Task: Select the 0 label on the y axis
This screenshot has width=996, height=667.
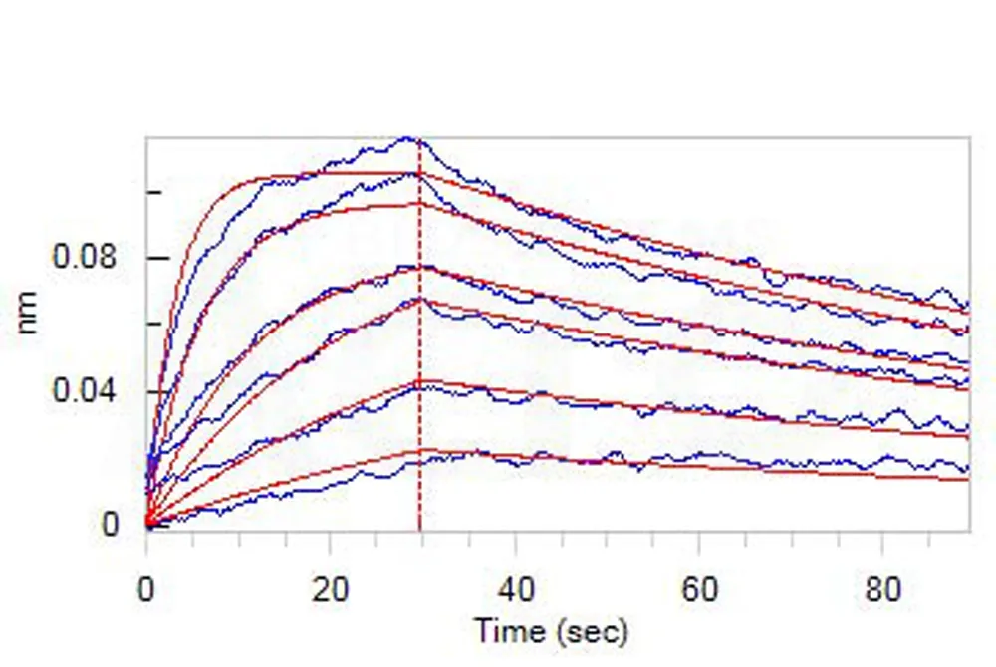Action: coord(111,525)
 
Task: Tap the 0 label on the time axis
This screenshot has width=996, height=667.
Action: coord(146,591)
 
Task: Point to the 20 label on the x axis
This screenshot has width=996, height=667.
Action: coord(329,591)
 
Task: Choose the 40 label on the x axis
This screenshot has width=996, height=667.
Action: coord(514,591)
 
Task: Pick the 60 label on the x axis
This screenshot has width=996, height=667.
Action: coord(698,591)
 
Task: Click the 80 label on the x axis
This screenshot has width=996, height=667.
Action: coord(882,591)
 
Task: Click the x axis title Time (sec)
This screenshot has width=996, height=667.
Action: coord(551,630)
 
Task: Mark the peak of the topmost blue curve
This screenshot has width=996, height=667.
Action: coord(406,139)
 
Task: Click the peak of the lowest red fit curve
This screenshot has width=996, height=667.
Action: coord(419,451)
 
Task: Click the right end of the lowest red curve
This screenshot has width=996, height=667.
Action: coord(968,480)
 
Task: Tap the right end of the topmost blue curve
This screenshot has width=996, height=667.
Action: coord(967,305)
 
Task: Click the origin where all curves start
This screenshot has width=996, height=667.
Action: coord(147,524)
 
